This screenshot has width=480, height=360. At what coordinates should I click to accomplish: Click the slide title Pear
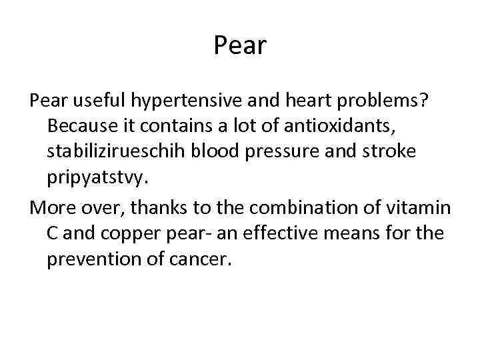pos(240,45)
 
